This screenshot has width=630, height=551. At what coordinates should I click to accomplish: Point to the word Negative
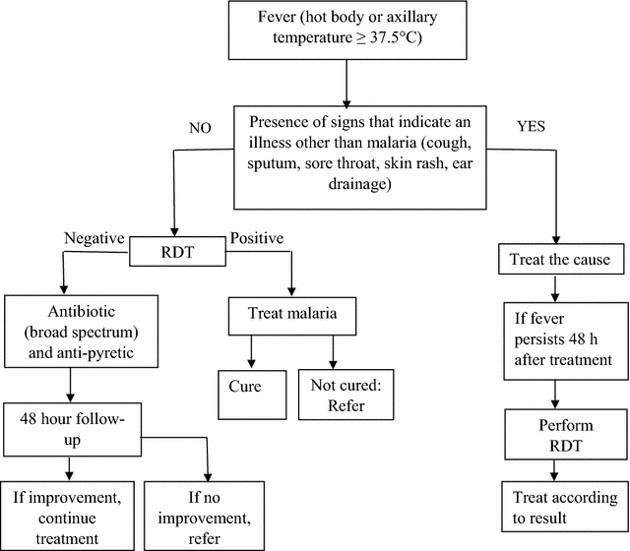[x=94, y=238]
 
